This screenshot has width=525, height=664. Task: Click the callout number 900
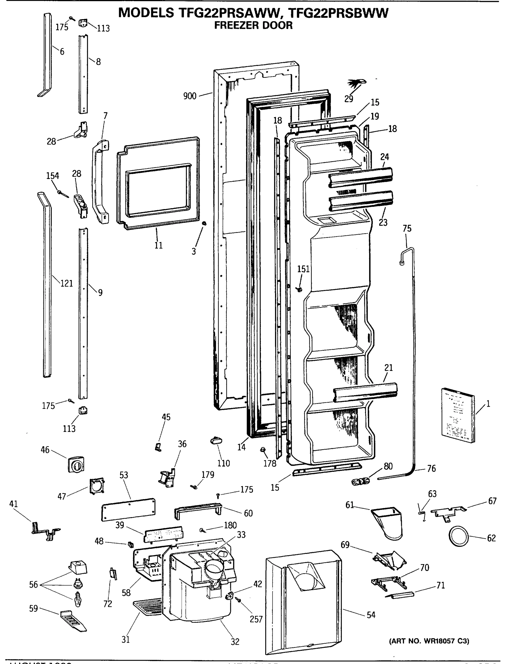click(190, 96)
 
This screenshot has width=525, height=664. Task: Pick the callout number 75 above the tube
click(407, 229)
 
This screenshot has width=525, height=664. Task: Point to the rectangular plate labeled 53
click(128, 509)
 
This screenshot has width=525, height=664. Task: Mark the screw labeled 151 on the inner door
click(299, 289)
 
